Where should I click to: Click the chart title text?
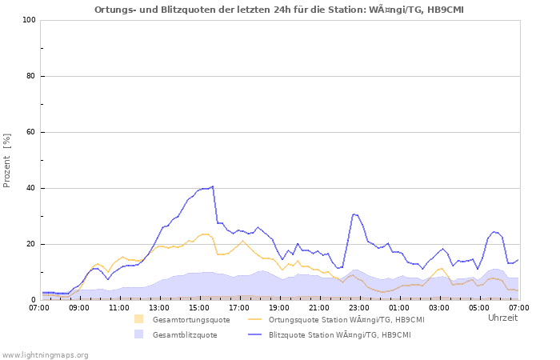coord(278,10)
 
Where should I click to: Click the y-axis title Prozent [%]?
coord(7,160)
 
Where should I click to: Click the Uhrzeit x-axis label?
coord(502,318)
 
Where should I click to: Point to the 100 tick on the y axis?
coord(29,20)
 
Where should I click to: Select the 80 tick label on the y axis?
coord(30,76)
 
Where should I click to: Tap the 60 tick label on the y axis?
coord(30,132)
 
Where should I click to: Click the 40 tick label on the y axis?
coord(30,188)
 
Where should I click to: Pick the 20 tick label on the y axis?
coord(30,244)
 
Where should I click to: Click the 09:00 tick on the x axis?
coord(79,307)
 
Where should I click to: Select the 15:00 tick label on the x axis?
coord(199,307)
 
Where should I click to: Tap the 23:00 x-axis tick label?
coord(359,307)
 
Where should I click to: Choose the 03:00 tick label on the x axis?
coord(439,307)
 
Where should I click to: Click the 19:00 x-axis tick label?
coord(279,307)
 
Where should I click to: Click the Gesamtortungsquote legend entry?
coord(190,320)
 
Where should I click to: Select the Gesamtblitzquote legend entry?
coord(184,335)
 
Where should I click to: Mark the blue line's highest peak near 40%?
coord(212,186)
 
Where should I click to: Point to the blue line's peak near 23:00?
coord(354,214)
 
